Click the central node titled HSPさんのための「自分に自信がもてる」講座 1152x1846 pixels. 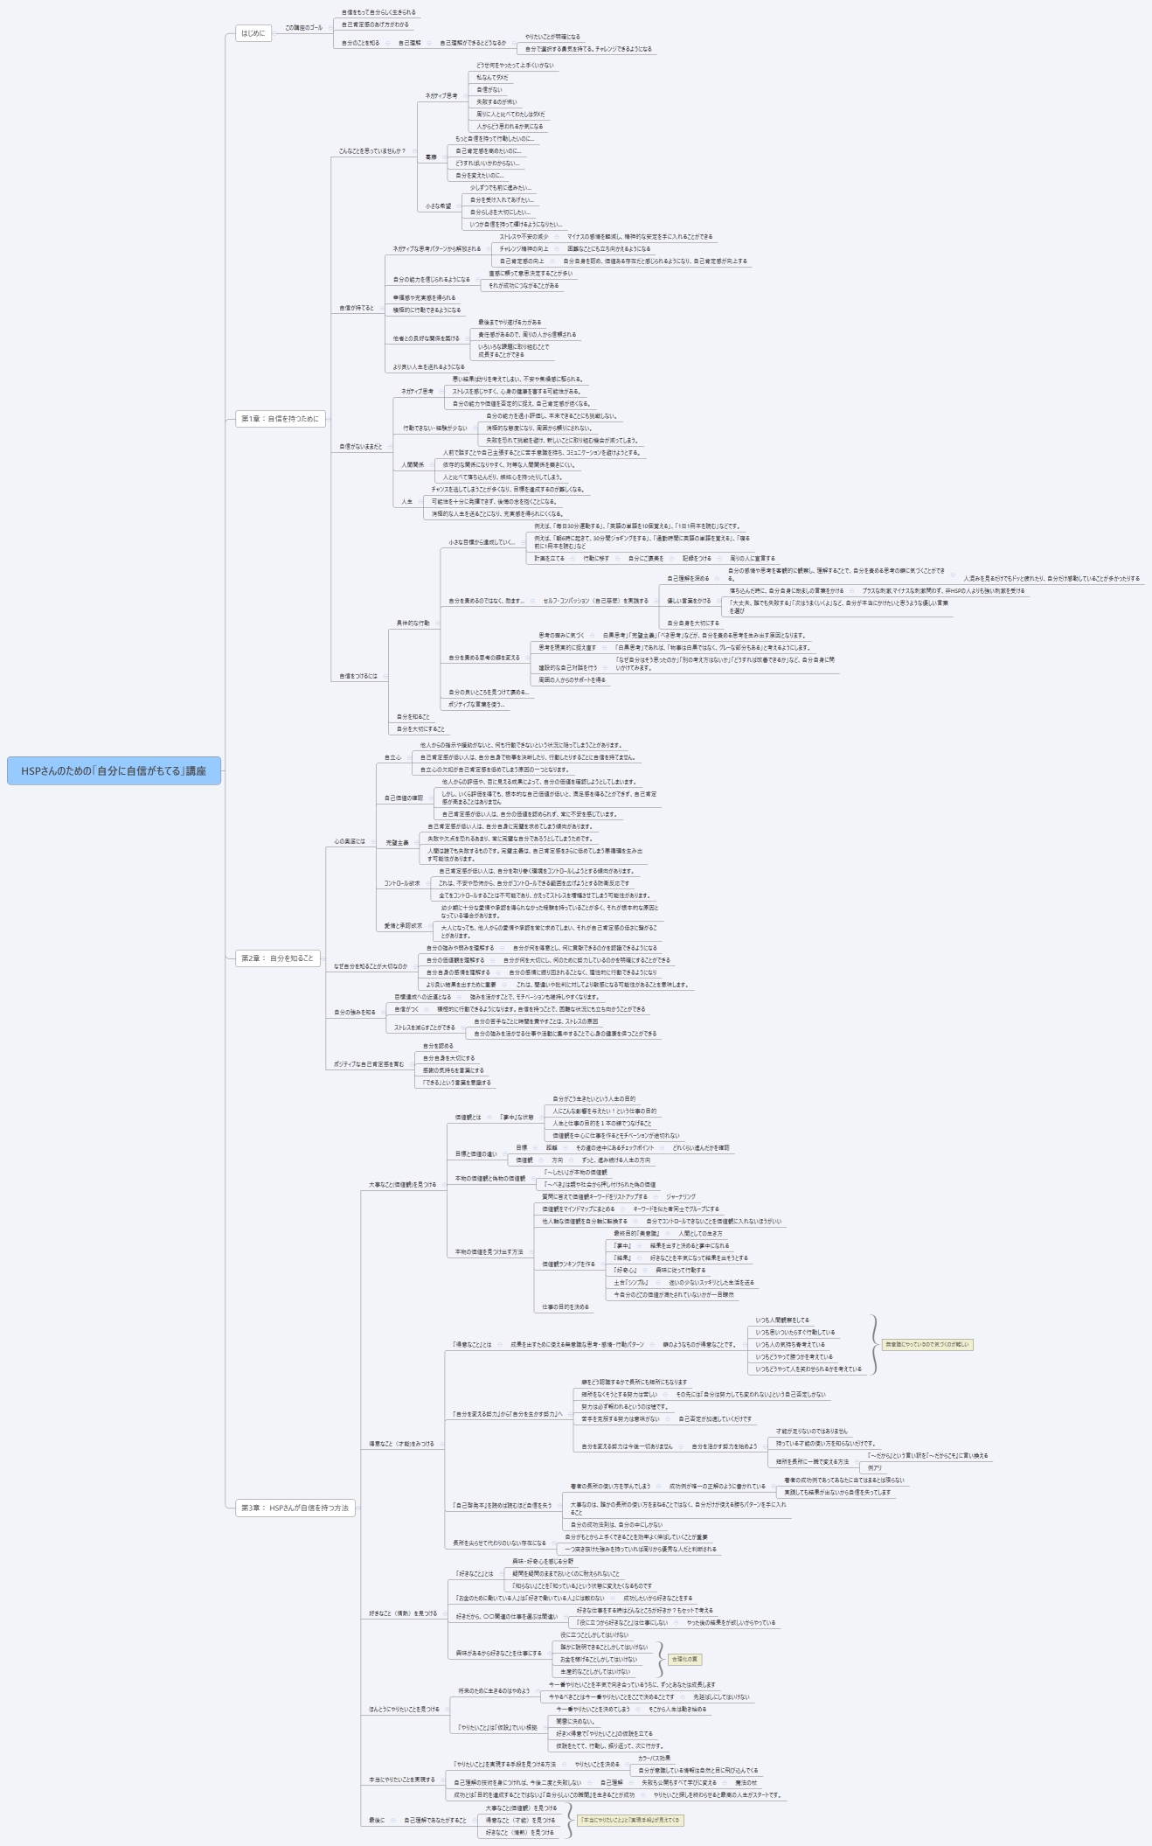[x=114, y=770]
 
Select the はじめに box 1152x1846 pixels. [x=253, y=33]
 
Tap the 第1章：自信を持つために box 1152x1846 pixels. [x=281, y=419]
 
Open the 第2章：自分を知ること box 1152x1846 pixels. [x=277, y=958]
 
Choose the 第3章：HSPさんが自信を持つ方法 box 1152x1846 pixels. [x=295, y=1508]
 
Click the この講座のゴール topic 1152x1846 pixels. [x=303, y=28]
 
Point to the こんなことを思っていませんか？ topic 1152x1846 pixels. [x=372, y=151]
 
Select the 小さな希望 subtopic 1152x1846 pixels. [x=439, y=206]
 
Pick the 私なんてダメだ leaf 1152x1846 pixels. [x=492, y=78]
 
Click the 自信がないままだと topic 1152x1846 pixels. [x=361, y=447]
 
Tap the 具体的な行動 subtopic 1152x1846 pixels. [x=413, y=623]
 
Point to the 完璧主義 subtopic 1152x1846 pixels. [x=398, y=843]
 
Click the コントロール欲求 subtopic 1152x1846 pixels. [x=402, y=883]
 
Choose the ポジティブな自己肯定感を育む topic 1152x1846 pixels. [x=369, y=1064]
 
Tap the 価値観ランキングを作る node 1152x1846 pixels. [x=568, y=1264]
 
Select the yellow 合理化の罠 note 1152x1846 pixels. [x=684, y=1659]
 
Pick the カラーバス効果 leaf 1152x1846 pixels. [x=654, y=1758]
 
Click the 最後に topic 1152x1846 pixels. [x=377, y=1820]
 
